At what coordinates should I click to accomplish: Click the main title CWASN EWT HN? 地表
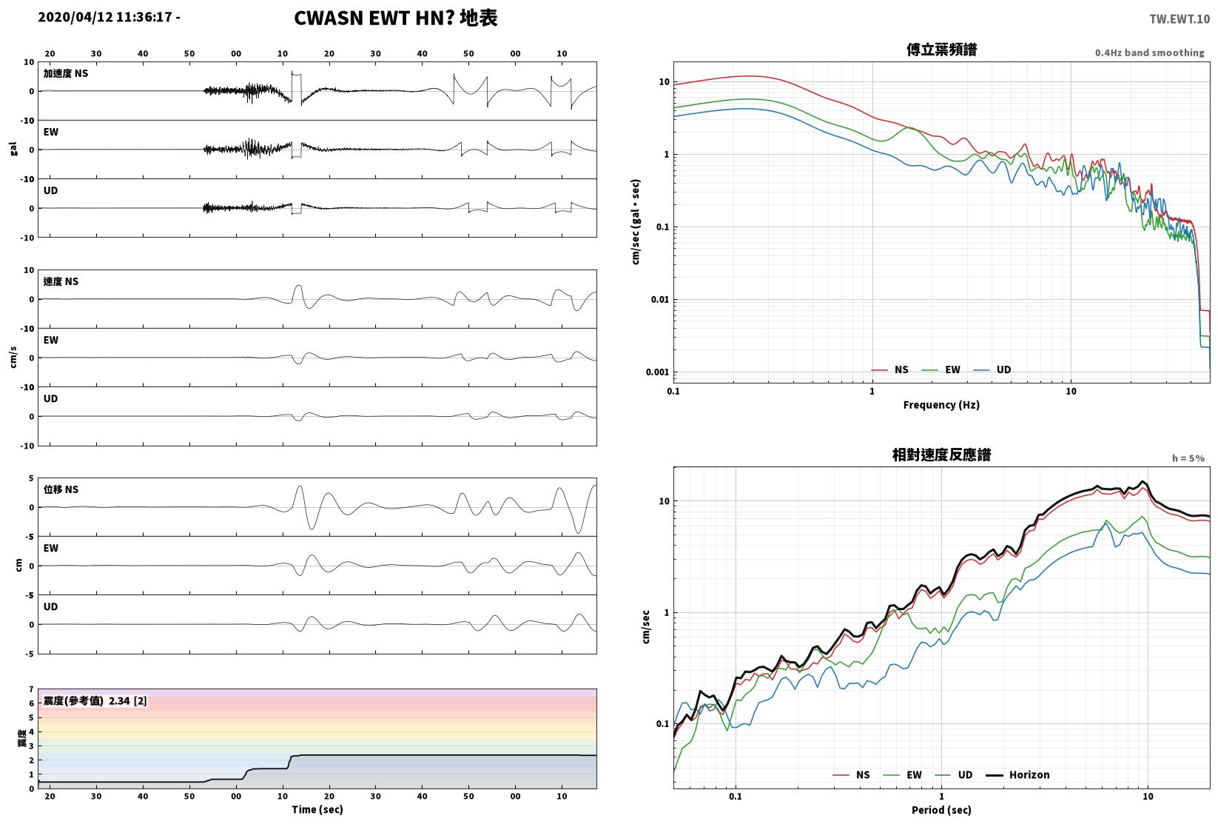395,18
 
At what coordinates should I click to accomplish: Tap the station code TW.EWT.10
1180,19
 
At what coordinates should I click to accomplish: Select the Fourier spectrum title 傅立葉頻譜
941,50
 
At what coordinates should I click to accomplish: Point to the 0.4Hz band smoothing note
1149,53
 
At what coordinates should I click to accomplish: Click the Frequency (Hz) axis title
941,405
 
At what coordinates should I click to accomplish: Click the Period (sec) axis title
941,810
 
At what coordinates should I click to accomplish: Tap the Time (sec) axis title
317,809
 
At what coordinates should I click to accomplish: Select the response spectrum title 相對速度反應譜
941,455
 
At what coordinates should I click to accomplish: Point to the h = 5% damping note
1188,458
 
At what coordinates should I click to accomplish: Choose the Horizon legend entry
1018,774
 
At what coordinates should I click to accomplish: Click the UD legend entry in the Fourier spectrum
992,370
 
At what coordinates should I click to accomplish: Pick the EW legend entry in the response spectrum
903,774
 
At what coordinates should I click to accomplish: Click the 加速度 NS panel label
66,73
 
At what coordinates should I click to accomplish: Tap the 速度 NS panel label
61,282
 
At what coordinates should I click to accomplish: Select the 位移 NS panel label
61,489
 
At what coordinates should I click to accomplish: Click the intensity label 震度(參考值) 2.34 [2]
95,700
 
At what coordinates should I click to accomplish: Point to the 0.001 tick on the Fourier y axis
657,372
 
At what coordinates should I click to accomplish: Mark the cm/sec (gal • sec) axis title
636,222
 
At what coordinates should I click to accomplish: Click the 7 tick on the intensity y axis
32,689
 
